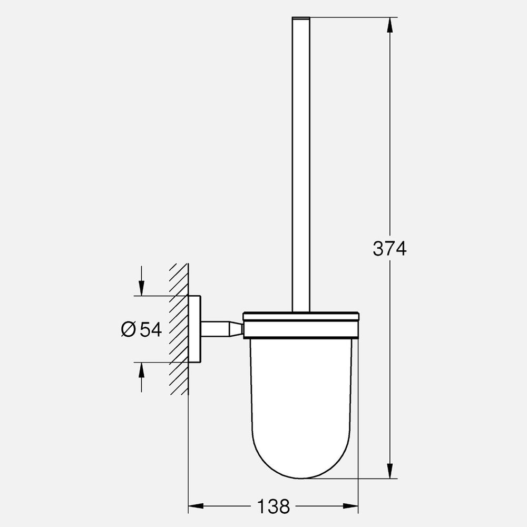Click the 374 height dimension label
coord(389,248)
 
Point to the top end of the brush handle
coord(300,19)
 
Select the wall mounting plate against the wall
coord(194,329)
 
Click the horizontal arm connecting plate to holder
coord(213,329)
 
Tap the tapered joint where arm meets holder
coord(235,329)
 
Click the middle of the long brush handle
coord(300,163)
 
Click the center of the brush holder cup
coord(300,401)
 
